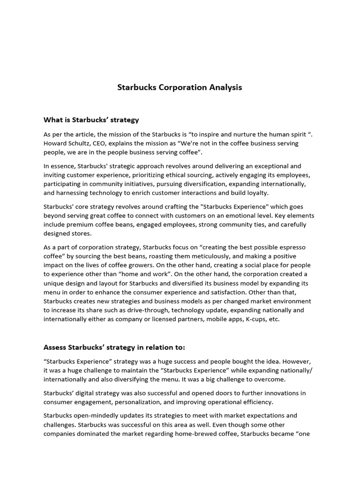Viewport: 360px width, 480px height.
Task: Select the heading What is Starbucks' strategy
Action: tap(91, 120)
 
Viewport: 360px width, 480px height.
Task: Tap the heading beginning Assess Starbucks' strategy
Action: tap(114, 347)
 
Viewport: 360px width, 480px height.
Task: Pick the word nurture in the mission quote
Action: tap(228, 134)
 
